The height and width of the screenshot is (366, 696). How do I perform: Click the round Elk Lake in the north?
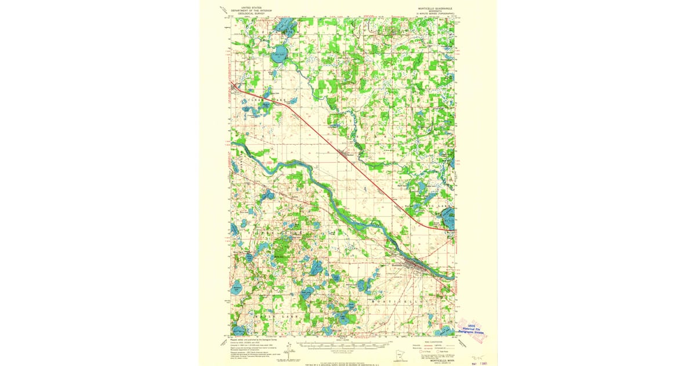pyautogui.click(x=279, y=56)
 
